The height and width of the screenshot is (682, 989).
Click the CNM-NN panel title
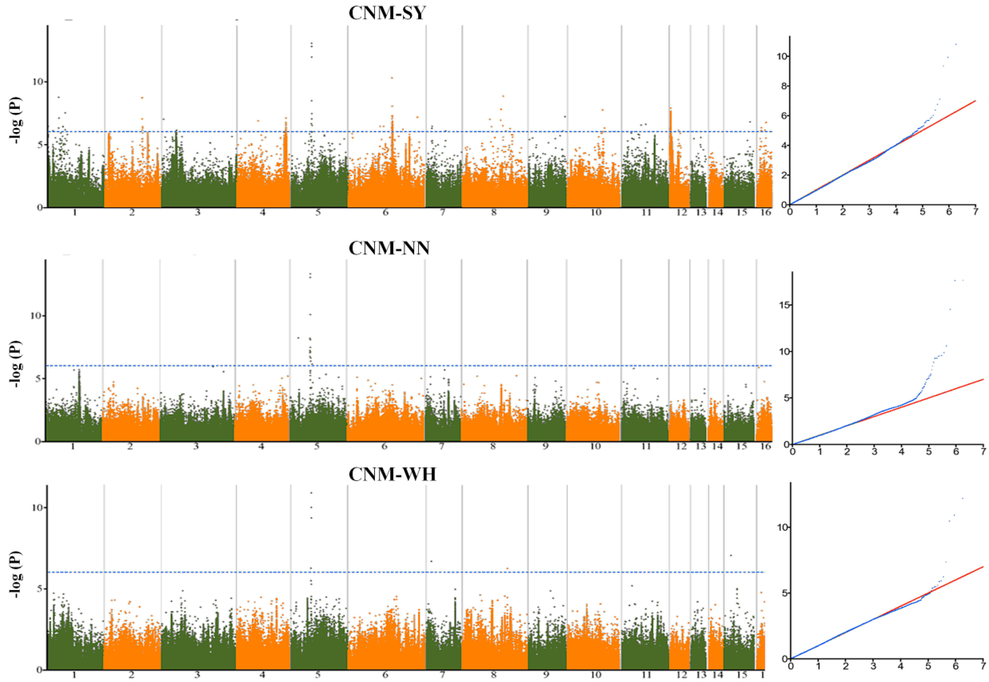coord(389,248)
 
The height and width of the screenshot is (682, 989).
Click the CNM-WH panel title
coord(392,474)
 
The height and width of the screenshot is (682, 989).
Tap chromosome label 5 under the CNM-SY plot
coord(318,212)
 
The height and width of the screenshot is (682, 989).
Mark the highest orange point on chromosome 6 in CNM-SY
coord(392,78)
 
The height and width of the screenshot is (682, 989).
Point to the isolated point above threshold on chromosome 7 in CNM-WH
coord(431,561)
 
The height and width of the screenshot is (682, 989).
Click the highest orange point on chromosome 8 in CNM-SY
coord(503,96)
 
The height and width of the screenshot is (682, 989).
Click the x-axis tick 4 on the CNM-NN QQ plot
coord(902,451)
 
